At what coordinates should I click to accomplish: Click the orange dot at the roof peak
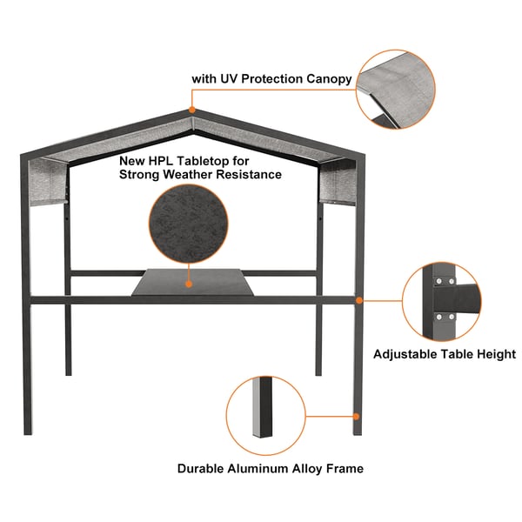(191, 110)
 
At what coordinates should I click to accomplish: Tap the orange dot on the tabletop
(189, 284)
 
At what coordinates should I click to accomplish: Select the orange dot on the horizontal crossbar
(358, 301)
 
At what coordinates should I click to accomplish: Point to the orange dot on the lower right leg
(356, 417)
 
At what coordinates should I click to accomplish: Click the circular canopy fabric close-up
(396, 90)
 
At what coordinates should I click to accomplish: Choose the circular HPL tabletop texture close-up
(189, 224)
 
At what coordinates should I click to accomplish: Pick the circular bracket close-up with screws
(442, 301)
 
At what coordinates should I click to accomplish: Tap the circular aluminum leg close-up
(265, 416)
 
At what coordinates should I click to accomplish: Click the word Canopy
(329, 79)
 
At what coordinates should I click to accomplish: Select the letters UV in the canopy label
(229, 78)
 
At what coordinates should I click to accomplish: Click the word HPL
(162, 161)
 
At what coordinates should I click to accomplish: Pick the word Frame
(345, 468)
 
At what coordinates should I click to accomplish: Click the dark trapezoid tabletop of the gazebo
(192, 282)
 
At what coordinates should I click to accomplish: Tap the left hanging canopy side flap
(48, 182)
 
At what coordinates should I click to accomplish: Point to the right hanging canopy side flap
(337, 182)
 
